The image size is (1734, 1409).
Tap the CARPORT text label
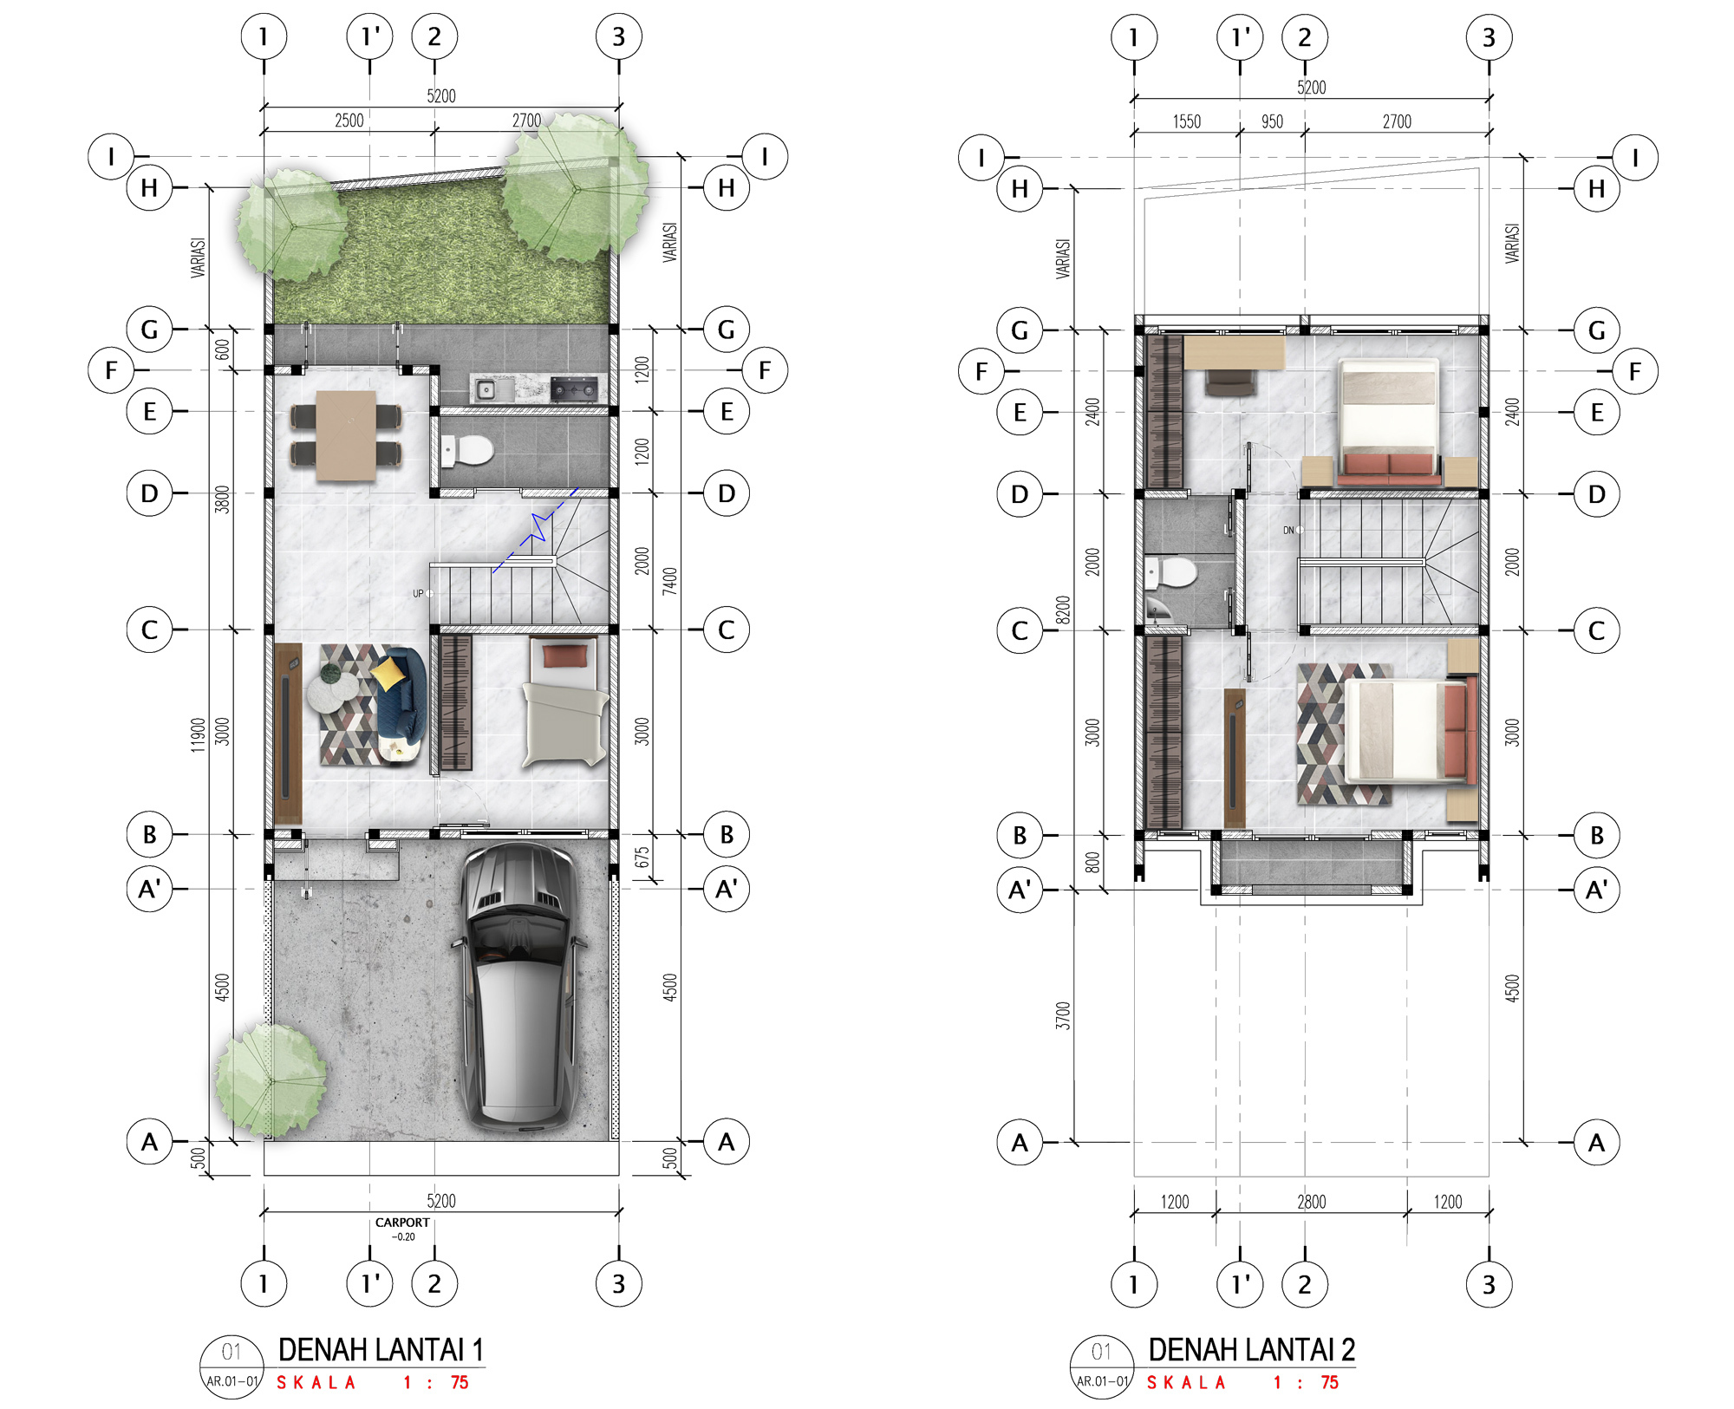402,1223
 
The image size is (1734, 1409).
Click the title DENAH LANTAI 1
381,1350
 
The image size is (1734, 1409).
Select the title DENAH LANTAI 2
1251,1350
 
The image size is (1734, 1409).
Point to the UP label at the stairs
418,594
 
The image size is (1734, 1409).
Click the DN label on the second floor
1288,531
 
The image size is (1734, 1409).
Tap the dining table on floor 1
346,435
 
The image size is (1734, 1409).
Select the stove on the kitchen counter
574,389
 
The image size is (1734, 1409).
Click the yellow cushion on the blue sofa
388,671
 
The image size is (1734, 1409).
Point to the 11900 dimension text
199,734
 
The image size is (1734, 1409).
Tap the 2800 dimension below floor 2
1311,1202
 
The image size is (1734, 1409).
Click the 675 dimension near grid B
642,858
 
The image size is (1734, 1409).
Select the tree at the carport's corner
270,1080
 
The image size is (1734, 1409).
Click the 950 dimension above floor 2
1272,121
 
